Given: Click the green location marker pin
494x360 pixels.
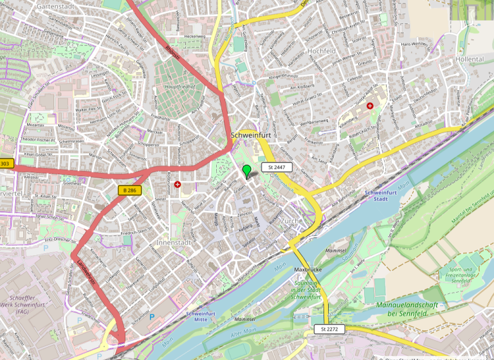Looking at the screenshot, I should tap(246, 171).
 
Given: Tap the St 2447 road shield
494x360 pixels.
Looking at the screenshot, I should tap(277, 167).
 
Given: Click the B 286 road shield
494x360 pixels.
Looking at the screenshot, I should tap(129, 190).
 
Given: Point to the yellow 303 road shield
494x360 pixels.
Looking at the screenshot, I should tap(6, 164).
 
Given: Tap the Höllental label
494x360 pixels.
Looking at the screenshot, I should tap(469, 59).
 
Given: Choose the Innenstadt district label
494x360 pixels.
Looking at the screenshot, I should tap(174, 243).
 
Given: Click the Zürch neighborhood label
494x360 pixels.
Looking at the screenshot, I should tap(290, 221).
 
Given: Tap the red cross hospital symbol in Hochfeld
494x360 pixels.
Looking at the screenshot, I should tap(370, 105).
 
